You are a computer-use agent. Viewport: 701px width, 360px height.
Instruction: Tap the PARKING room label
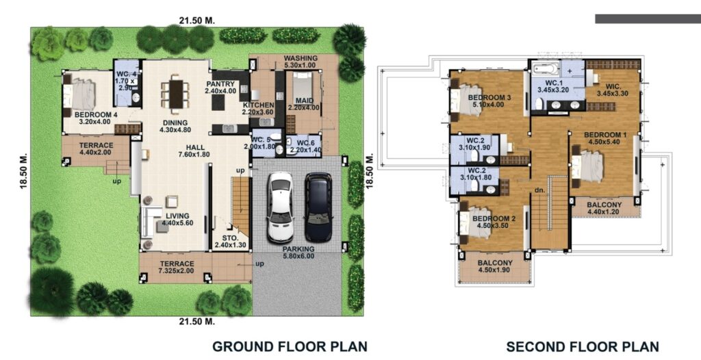point(298,249)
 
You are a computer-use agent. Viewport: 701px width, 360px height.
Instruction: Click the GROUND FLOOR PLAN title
point(290,346)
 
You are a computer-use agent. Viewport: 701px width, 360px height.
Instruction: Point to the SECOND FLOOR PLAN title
point(582,346)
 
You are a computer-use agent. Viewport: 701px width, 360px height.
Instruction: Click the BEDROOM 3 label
point(489,98)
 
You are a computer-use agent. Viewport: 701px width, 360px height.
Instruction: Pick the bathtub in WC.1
point(547,69)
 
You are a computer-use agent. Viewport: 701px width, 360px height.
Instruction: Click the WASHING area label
point(301,59)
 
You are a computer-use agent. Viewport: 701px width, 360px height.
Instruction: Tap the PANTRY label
point(220,83)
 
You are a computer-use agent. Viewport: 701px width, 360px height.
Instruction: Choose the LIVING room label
point(177,216)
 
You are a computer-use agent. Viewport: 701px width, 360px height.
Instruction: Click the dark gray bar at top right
point(647,18)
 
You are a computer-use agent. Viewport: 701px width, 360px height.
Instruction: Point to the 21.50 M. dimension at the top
point(197,20)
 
